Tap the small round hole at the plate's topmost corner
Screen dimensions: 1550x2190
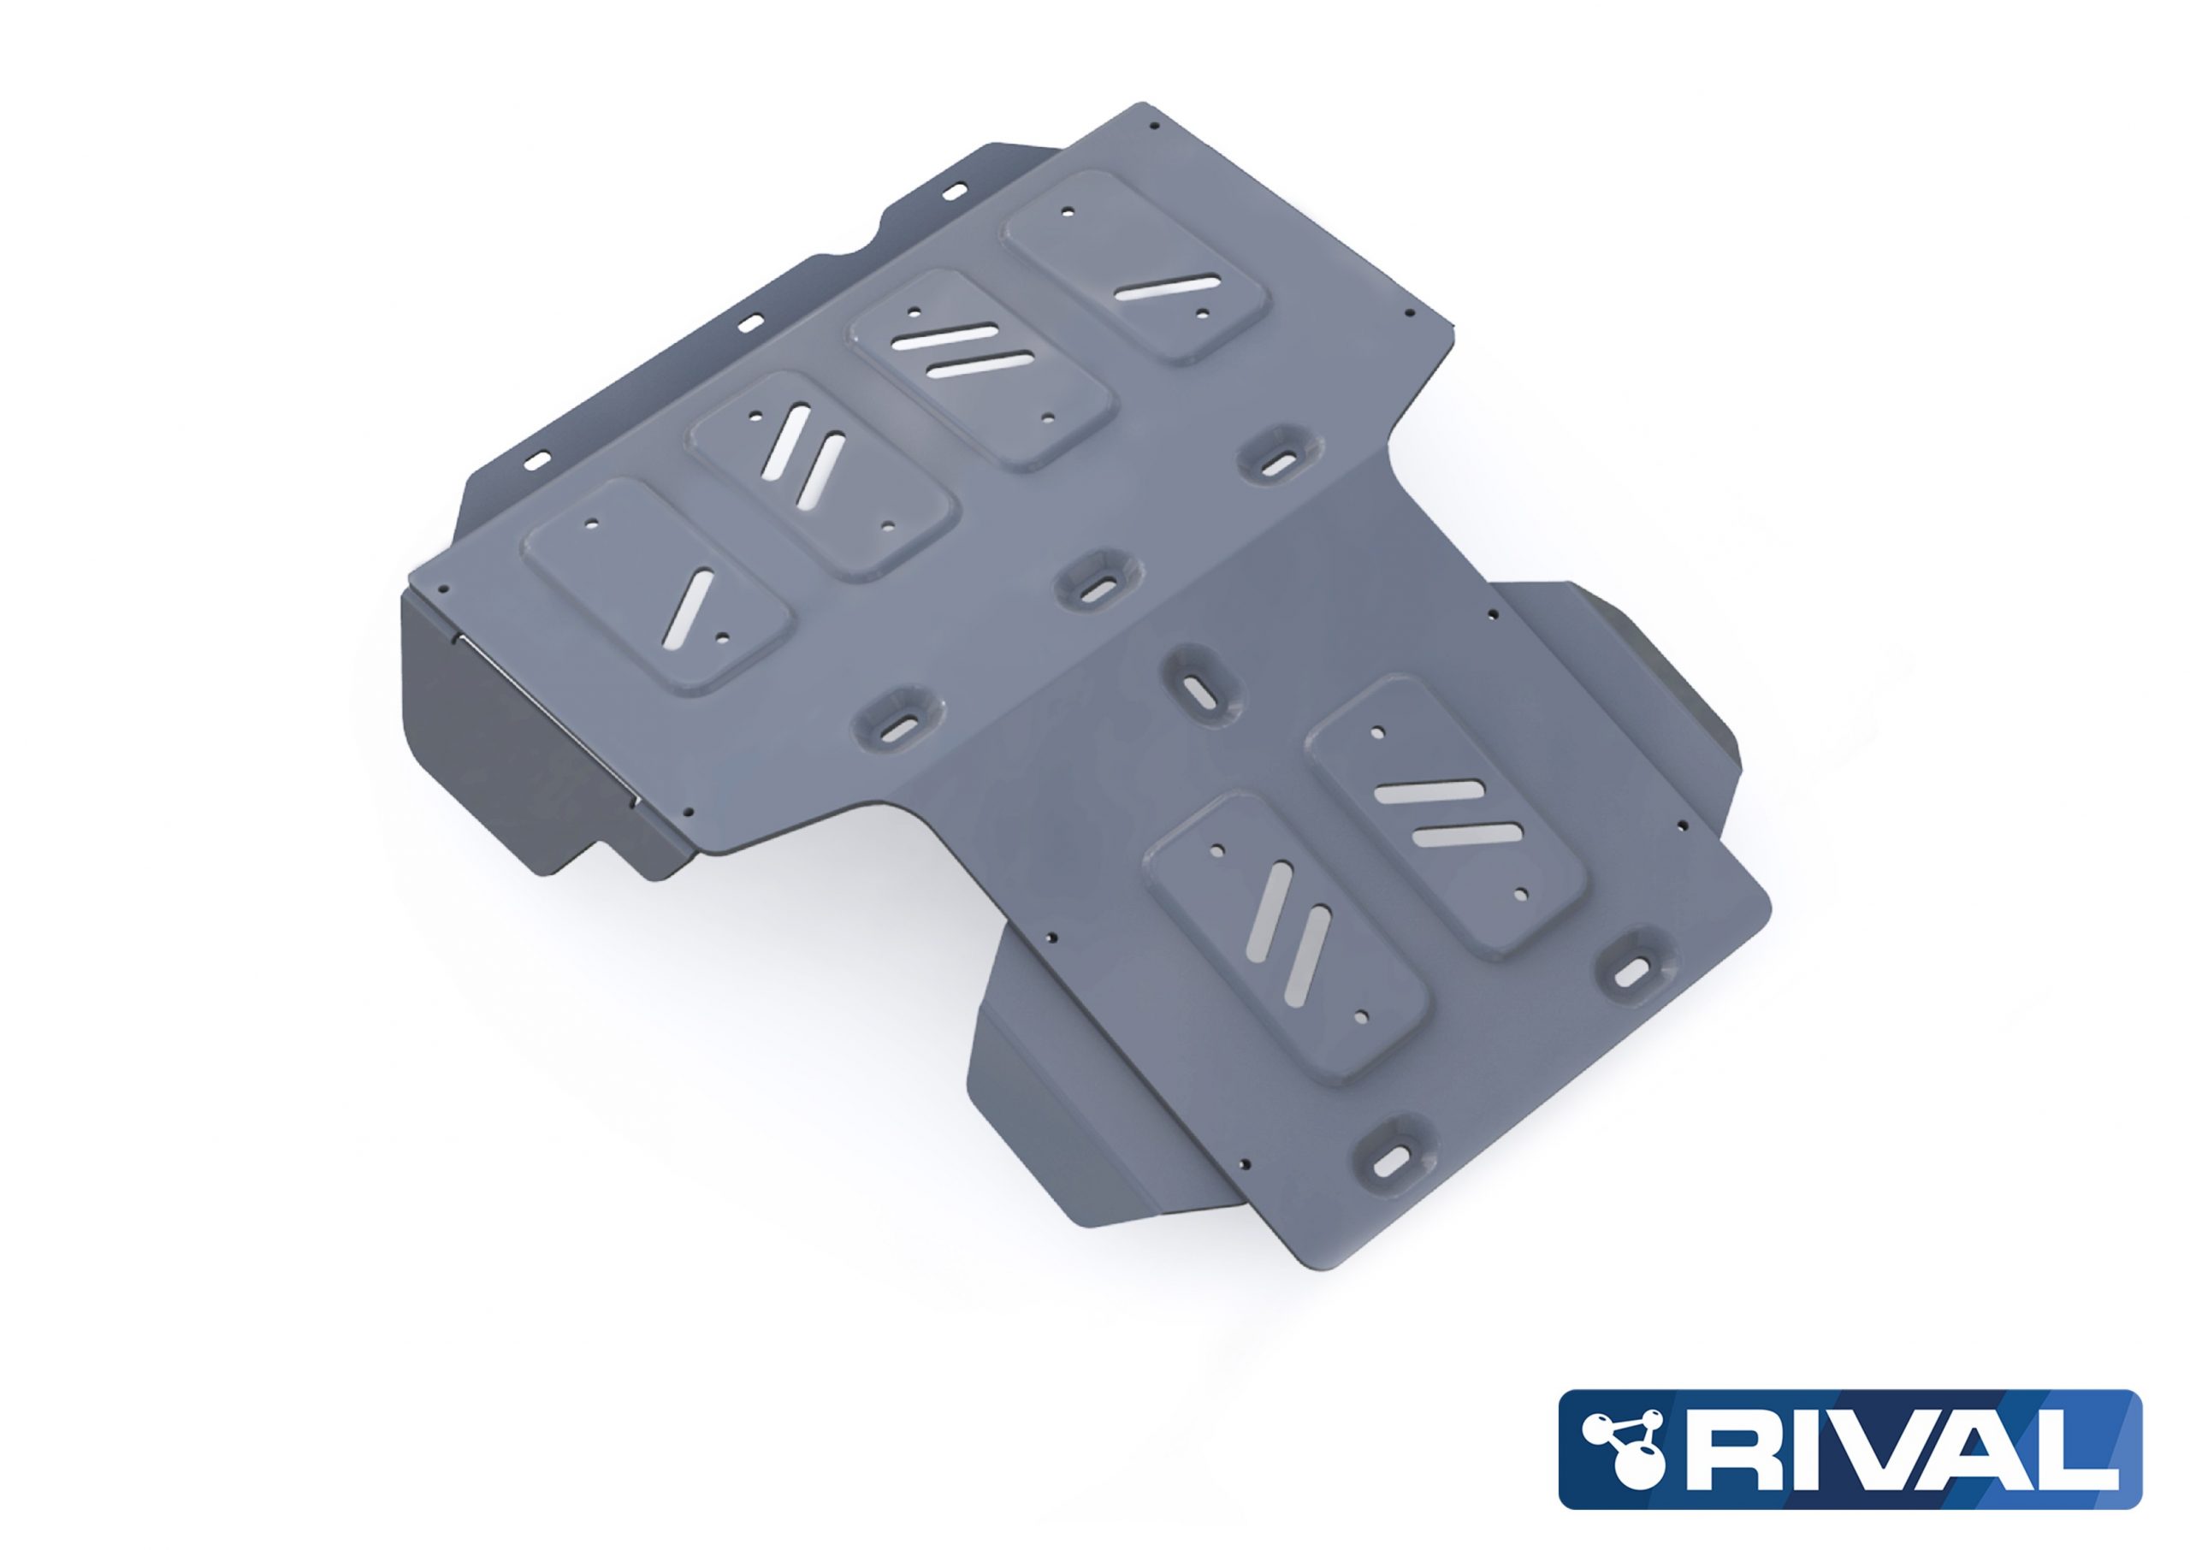1156,125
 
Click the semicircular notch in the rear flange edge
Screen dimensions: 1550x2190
842,254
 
